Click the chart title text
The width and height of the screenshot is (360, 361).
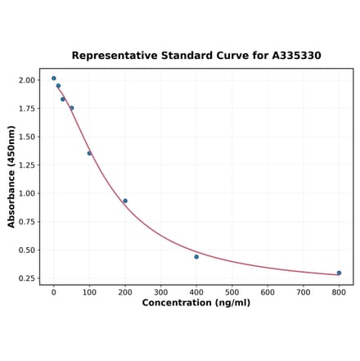(x=196, y=56)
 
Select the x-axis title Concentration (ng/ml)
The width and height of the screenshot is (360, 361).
(x=196, y=303)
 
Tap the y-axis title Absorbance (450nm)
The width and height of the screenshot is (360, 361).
(x=11, y=177)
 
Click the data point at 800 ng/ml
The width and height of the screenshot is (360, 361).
(x=339, y=273)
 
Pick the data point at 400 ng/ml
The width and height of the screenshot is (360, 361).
(x=196, y=257)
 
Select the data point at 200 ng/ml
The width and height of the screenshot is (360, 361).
(x=125, y=201)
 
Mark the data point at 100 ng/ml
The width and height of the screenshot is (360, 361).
(x=89, y=153)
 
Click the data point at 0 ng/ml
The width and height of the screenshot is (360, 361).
(x=54, y=79)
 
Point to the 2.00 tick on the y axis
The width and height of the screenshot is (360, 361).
(x=27, y=80)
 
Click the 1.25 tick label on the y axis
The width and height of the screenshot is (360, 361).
(x=27, y=165)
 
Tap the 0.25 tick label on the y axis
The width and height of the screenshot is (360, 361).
(x=27, y=278)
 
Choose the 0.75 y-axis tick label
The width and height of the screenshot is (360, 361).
(x=27, y=222)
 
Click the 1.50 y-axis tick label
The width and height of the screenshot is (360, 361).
(x=27, y=137)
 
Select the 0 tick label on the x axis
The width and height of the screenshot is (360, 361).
(x=54, y=291)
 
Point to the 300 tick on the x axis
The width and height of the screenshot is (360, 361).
(x=160, y=291)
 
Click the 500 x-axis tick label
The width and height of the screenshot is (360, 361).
(x=232, y=291)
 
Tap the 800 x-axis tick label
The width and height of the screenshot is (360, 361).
(x=339, y=291)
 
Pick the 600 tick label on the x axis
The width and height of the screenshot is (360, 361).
(x=268, y=291)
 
